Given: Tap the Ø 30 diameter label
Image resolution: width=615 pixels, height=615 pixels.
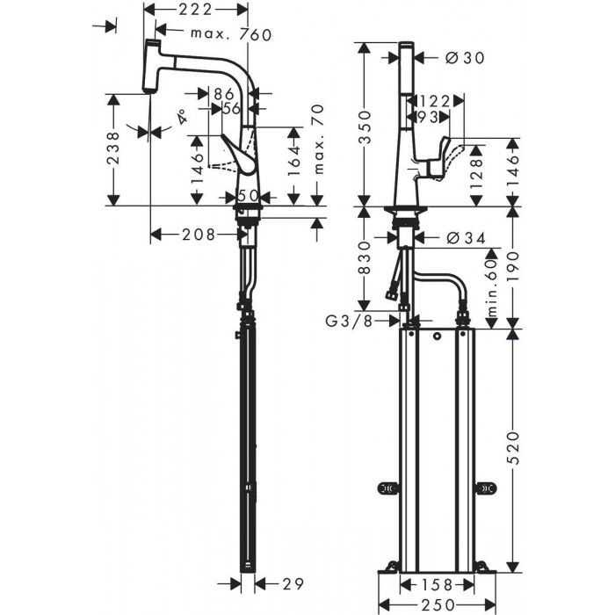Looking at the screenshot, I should tap(462, 58).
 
